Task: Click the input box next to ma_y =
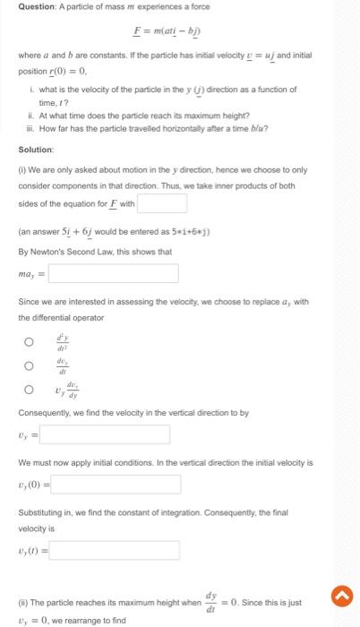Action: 113,272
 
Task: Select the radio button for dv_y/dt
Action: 28,365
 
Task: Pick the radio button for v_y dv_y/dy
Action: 28,389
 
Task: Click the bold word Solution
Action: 37,149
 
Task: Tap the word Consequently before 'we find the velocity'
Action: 46,412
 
